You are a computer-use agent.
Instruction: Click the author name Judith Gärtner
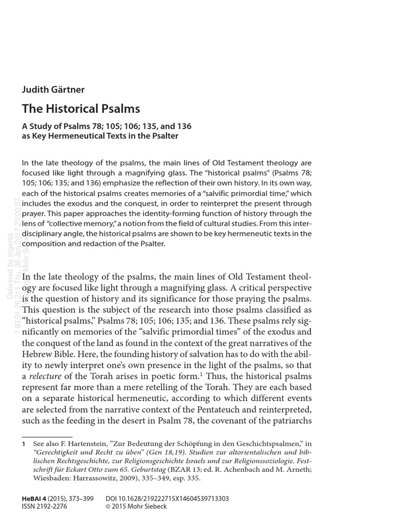coord(53,89)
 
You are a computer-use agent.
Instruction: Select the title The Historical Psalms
coord(81,109)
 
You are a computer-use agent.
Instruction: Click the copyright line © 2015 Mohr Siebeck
coord(136,507)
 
